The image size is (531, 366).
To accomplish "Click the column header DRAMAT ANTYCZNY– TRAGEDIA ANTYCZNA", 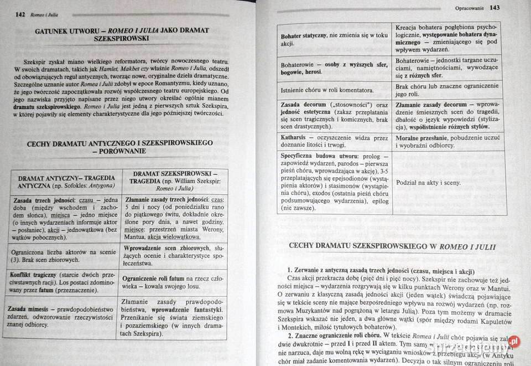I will tap(65, 182).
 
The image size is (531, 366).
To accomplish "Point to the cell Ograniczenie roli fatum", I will tap(173, 282).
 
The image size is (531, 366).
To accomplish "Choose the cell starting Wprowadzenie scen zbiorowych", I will tap(173, 252).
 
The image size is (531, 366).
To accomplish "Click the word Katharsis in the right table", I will tap(298, 136).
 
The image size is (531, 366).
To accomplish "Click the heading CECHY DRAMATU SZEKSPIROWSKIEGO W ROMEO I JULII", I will tap(394, 247).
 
